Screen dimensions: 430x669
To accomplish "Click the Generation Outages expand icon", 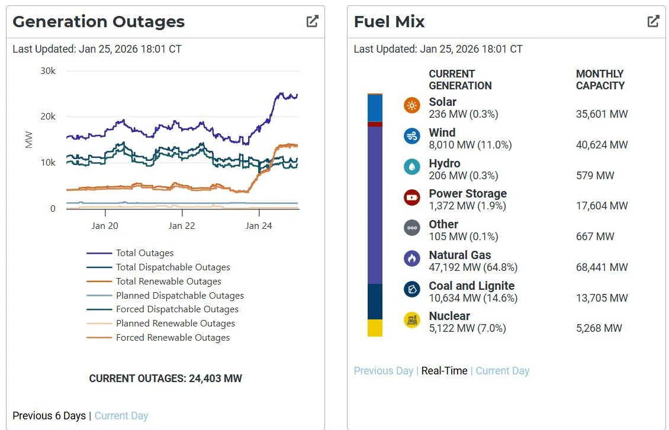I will pyautogui.click(x=312, y=21).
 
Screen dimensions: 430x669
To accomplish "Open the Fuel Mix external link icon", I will pyautogui.click(x=653, y=21).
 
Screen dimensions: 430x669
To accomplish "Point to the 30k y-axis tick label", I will pyautogui.click(x=48, y=71).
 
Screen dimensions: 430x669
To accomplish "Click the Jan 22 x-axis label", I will pyautogui.click(x=182, y=225).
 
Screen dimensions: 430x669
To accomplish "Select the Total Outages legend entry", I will pyautogui.click(x=144, y=253).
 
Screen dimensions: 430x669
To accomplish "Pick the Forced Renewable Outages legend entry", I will pyautogui.click(x=173, y=338).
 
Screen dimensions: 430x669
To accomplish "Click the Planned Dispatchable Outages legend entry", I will pyautogui.click(x=180, y=295).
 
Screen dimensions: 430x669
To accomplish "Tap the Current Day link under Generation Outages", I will pyautogui.click(x=121, y=416).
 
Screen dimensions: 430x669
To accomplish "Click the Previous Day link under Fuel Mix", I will pyautogui.click(x=383, y=371).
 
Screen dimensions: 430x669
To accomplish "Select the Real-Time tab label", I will pyautogui.click(x=444, y=371).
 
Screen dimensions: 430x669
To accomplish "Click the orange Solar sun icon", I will pyautogui.click(x=411, y=106).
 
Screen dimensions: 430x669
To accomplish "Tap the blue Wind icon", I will pyautogui.click(x=411, y=137).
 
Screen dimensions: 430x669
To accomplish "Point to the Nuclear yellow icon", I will pyautogui.click(x=411, y=320).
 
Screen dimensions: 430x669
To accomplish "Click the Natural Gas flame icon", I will pyautogui.click(x=411, y=258).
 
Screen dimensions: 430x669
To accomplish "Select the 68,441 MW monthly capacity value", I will pyautogui.click(x=602, y=267).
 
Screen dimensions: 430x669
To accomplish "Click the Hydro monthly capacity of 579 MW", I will pyautogui.click(x=595, y=176).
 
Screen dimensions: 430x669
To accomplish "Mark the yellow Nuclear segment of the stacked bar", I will pyautogui.click(x=375, y=328).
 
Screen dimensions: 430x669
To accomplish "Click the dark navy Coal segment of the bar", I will pyautogui.click(x=375, y=302).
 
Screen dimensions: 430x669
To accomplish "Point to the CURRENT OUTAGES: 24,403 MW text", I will pyautogui.click(x=165, y=379).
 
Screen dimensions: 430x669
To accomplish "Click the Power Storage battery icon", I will pyautogui.click(x=411, y=198).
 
